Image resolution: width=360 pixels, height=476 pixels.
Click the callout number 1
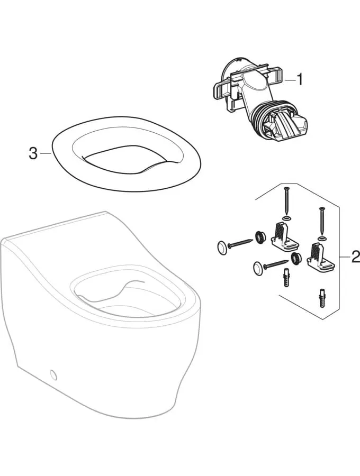pyautogui.click(x=300, y=80)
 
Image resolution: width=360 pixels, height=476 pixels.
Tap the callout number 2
pyautogui.click(x=355, y=257)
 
